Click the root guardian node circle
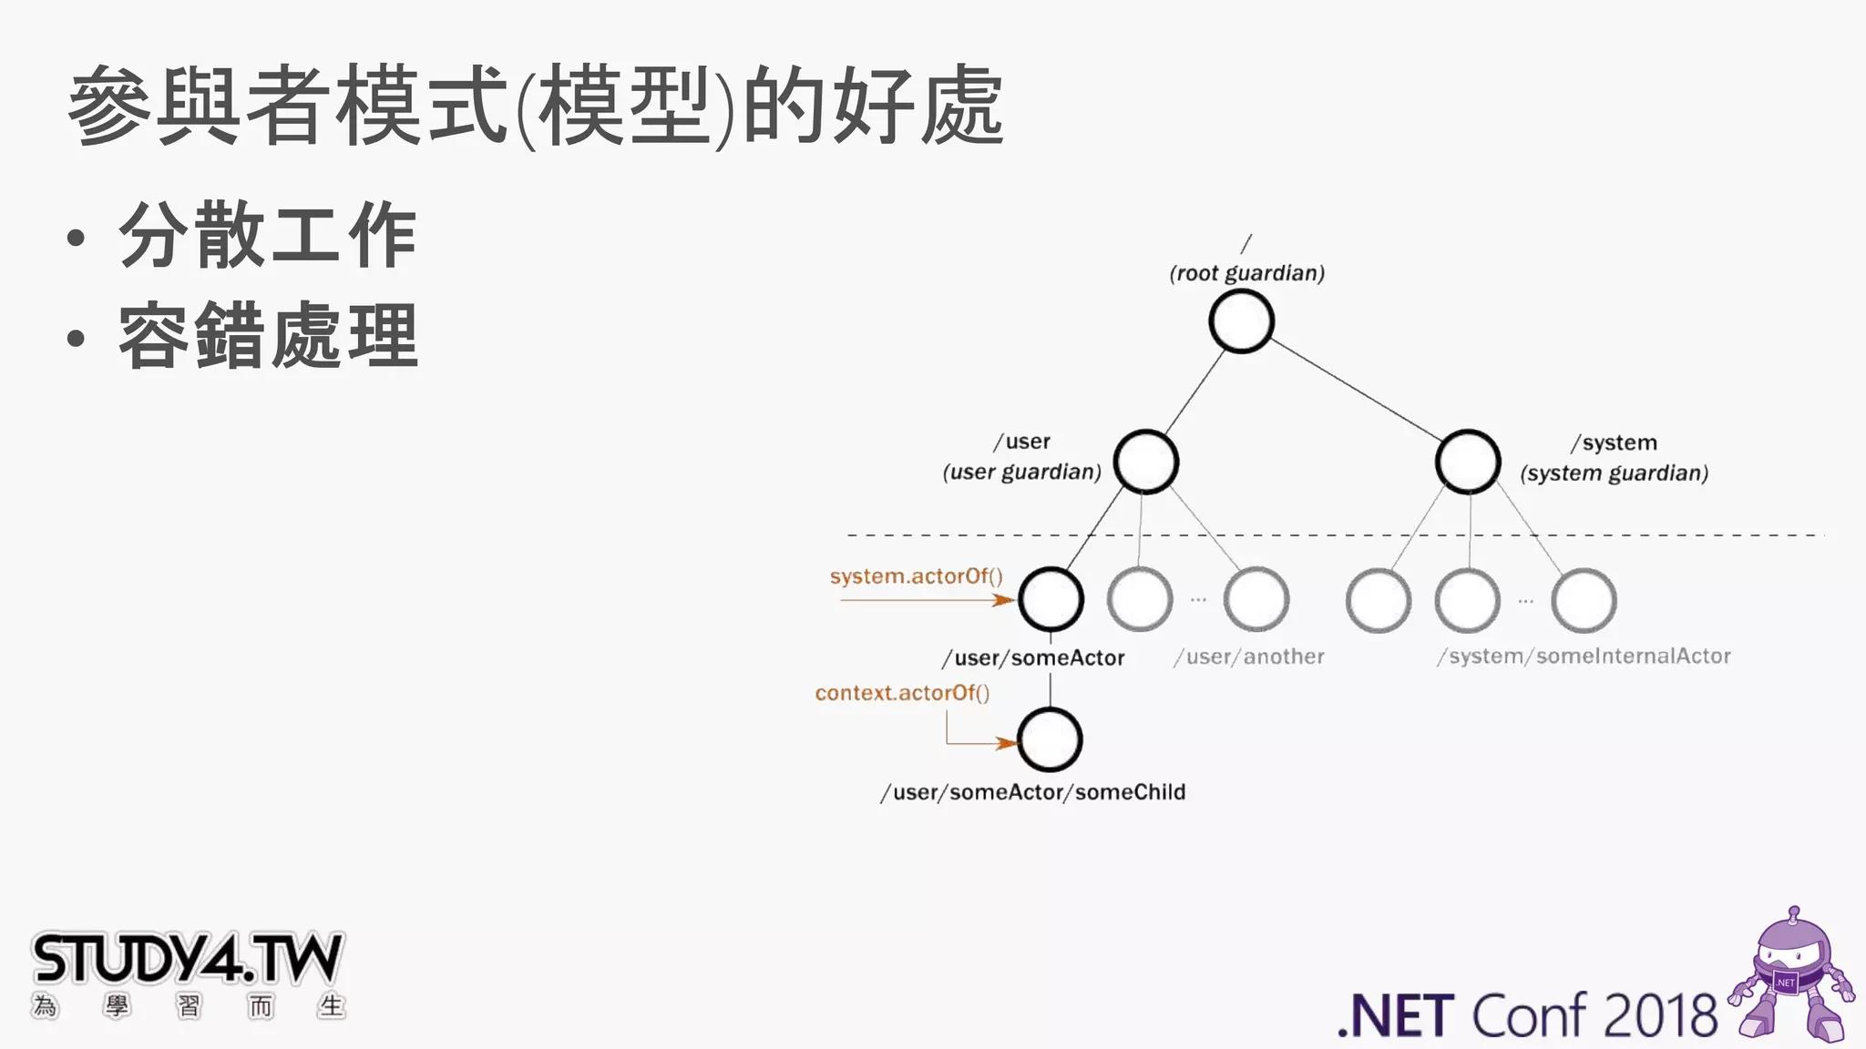(1241, 321)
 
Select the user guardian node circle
(1145, 462)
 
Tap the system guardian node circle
(1467, 462)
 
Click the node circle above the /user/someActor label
(1051, 599)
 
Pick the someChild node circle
(1050, 739)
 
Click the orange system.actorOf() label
(916, 576)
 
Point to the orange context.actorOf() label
(902, 693)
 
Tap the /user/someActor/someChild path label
(1033, 792)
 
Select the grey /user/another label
(1249, 657)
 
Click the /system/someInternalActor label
(1584, 657)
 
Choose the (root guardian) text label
(1246, 273)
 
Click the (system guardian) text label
(1614, 474)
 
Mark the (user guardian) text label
(1021, 472)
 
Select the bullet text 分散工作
(268, 235)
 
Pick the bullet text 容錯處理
(268, 336)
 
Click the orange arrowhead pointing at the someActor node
(1004, 600)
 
